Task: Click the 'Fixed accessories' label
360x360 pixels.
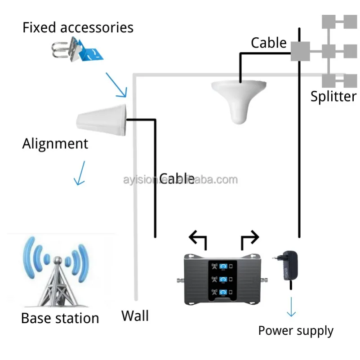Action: point(78,27)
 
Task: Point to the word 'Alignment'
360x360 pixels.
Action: point(55,144)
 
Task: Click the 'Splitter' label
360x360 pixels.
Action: point(333,96)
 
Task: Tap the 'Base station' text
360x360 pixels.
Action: point(60,318)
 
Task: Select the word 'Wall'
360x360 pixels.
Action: point(135,316)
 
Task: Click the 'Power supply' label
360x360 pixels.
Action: point(295,331)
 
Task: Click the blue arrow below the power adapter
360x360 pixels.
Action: point(291,307)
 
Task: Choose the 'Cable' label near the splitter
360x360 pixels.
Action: point(268,43)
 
